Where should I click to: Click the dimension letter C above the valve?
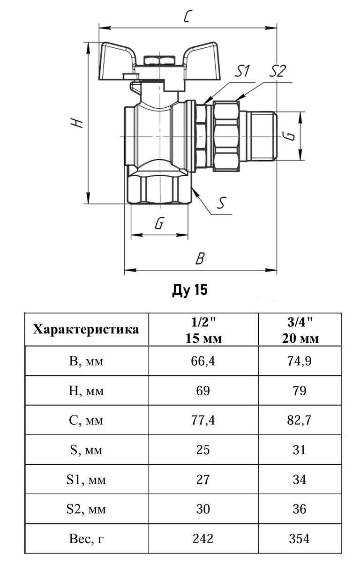(187, 17)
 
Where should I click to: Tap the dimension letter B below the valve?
(200, 258)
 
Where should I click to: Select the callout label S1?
(242, 71)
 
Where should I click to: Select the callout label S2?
(277, 71)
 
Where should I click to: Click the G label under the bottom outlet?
(159, 224)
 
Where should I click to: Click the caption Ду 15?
(189, 291)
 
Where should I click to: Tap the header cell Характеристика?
(87, 329)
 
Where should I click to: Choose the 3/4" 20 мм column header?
(300, 330)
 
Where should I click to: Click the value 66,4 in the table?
(203, 361)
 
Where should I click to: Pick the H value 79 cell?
(300, 391)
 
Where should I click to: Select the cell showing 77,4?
(203, 420)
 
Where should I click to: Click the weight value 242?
(203, 539)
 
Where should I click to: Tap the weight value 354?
(300, 539)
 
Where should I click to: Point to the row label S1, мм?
(87, 480)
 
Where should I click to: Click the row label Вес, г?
(87, 539)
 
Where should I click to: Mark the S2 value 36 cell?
(300, 509)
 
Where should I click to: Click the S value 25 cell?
(203, 450)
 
